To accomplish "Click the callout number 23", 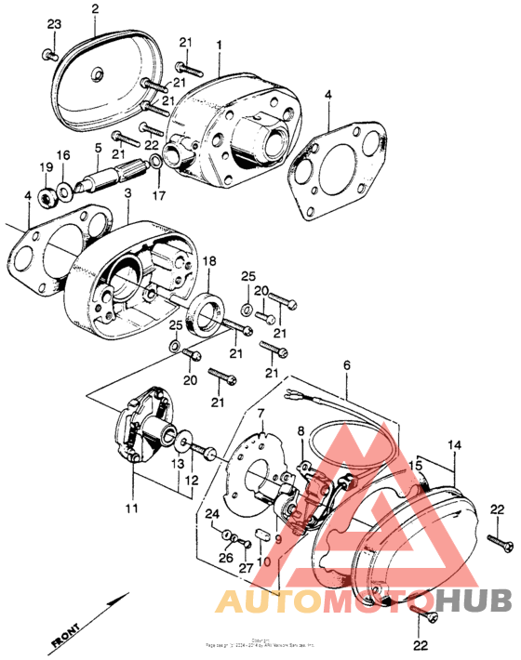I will [x=54, y=22].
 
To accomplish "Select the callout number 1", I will [x=220, y=45].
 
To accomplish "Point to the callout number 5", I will [x=98, y=147].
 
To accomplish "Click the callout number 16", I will [x=63, y=154].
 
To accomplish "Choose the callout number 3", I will [x=127, y=192].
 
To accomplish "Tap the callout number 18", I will [x=209, y=261].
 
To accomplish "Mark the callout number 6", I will [x=348, y=367].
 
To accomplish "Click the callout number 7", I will [x=261, y=412].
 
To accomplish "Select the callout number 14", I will [x=455, y=446].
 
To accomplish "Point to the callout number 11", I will [x=132, y=508].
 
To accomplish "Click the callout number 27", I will [x=246, y=568].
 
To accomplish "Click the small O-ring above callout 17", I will [x=156, y=164].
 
